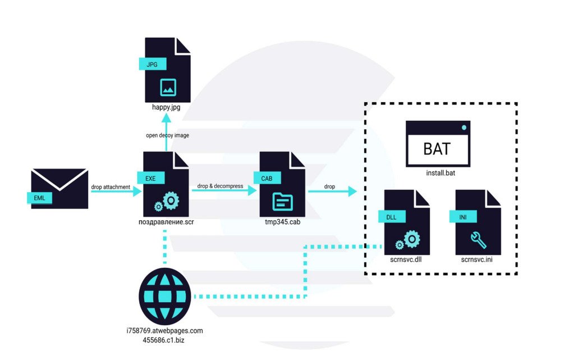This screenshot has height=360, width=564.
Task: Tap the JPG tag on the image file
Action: click(152, 64)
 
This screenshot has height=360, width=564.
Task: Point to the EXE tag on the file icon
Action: click(150, 178)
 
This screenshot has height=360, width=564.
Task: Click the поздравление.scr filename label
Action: click(166, 222)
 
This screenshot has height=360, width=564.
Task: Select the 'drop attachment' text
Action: click(111, 186)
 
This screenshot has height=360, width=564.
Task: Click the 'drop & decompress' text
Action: click(220, 185)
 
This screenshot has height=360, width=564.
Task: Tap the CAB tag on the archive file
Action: click(267, 178)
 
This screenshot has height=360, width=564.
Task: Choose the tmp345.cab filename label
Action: click(282, 222)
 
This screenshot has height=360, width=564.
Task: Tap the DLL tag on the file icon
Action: click(392, 216)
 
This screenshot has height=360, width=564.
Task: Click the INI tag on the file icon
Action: click(462, 216)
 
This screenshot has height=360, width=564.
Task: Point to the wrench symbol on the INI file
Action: click(478, 240)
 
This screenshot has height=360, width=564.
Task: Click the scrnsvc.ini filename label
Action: click(478, 260)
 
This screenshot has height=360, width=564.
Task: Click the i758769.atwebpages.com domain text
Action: click(165, 331)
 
